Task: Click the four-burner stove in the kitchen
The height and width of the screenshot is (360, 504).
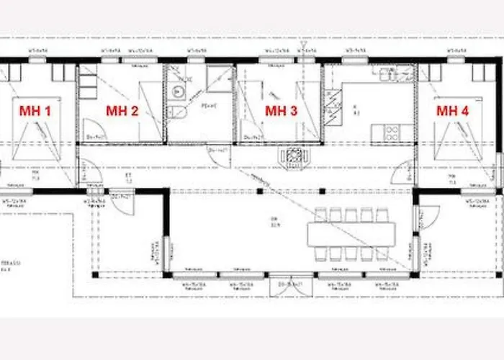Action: [x=392, y=132]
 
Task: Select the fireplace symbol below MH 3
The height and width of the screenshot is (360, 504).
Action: [x=293, y=156]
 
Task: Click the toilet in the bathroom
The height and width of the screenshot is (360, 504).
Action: [x=178, y=112]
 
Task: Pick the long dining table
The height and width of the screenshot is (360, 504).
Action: [x=351, y=233]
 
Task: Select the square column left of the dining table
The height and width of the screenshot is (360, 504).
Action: [x=259, y=191]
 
